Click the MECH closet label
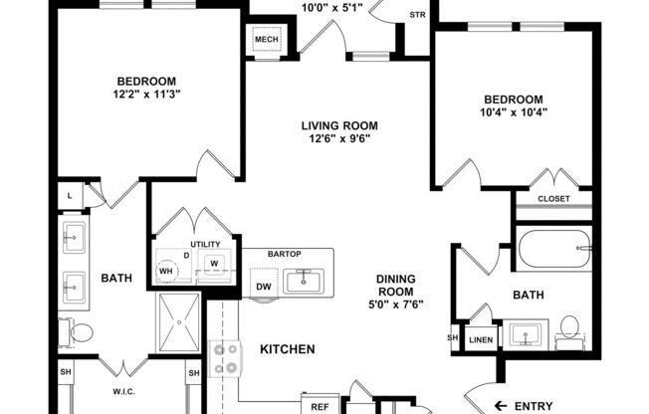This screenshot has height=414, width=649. [266, 40]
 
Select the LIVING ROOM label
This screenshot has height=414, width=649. [341, 125]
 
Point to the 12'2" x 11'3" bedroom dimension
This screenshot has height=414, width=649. [147, 96]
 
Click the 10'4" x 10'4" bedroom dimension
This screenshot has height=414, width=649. [514, 113]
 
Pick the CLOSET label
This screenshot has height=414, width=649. [553, 198]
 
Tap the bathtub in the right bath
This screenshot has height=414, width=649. [554, 249]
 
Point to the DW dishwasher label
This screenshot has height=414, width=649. [264, 288]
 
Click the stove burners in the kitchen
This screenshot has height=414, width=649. [225, 358]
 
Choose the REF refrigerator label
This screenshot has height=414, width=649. [321, 407]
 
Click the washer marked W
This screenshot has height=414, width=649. [213, 264]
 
